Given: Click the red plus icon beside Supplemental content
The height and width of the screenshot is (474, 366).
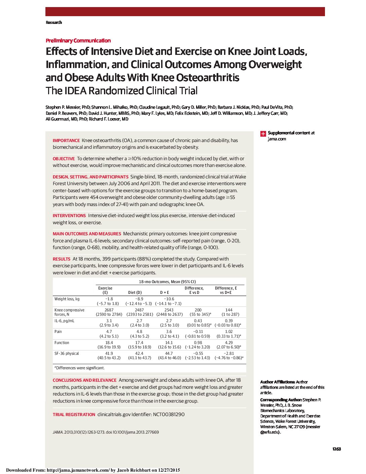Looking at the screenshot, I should (x=263, y=134).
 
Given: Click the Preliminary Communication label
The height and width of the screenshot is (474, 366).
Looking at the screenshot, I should (x=78, y=41).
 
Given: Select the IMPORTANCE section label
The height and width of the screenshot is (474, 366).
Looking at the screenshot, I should (x=66, y=140).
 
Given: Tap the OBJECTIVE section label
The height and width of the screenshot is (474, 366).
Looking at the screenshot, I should (x=64, y=159).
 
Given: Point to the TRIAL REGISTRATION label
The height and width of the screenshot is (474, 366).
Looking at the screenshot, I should (x=74, y=415).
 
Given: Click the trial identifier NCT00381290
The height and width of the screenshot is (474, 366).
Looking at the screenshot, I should (x=169, y=414).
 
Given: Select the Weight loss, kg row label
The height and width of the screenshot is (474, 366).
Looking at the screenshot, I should (x=67, y=299).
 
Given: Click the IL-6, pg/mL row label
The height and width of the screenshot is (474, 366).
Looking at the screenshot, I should (x=64, y=321).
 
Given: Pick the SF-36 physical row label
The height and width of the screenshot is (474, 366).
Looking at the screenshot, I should (x=67, y=353).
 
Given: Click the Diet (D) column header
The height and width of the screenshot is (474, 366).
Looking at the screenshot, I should (x=135, y=293).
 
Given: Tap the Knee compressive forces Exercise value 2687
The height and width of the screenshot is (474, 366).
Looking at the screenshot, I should (x=109, y=310).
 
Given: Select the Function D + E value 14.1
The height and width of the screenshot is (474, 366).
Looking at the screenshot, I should (x=169, y=343).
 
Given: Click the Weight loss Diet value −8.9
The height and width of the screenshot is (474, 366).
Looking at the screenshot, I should (x=139, y=299).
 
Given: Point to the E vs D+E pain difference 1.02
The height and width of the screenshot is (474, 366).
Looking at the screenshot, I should (x=229, y=332).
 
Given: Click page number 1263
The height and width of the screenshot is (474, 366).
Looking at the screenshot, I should (x=336, y=449).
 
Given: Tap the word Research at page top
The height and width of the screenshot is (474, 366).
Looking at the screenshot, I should (x=54, y=23).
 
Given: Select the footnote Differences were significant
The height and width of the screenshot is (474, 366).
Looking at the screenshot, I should (x=80, y=368).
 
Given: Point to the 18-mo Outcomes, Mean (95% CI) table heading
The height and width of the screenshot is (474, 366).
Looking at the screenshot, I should (x=167, y=282).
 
